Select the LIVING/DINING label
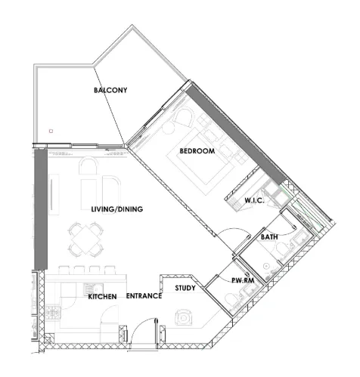tap(117, 209)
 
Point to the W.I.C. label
tap(253, 200)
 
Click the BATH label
tap(269, 237)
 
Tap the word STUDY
tap(185, 288)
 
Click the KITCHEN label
tap(102, 297)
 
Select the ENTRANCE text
tap(144, 296)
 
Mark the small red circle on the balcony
tap(51, 131)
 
